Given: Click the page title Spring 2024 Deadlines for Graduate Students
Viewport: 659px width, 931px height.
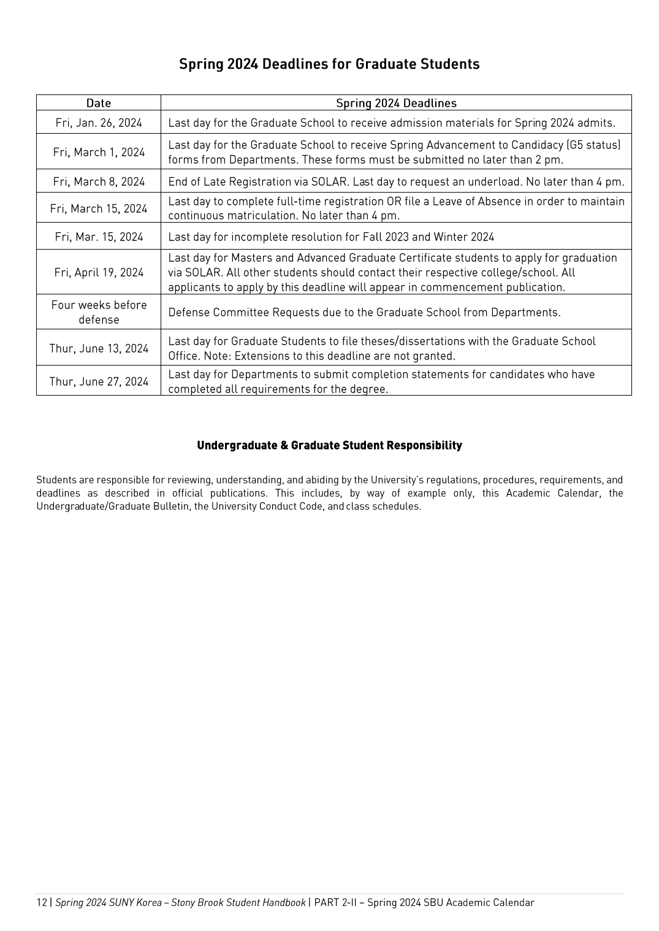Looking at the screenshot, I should coord(329,64).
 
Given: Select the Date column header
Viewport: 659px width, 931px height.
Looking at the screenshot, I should coord(98,103).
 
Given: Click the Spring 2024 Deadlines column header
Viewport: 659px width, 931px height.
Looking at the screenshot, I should coord(396,103).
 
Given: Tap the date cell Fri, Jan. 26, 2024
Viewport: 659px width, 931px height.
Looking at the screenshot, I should coord(99,123).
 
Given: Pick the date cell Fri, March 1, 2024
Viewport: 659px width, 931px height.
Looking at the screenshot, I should coord(99,152).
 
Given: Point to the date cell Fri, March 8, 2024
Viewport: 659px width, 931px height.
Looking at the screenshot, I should coord(99,182).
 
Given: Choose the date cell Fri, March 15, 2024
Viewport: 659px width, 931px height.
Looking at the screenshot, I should coord(99,209).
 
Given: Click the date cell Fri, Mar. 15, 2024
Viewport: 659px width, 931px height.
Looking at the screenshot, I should coord(99,237).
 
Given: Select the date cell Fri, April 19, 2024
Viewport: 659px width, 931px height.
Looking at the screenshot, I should coord(99,272).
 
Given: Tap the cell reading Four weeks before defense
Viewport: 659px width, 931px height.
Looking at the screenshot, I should coord(99,312).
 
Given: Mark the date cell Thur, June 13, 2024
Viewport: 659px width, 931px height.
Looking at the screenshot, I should coord(99,348).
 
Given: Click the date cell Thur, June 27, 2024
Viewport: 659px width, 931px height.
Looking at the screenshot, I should coord(99,381).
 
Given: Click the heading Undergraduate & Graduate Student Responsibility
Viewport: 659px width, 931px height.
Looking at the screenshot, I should coord(329,445).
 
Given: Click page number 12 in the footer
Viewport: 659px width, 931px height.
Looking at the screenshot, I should coord(42,903).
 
